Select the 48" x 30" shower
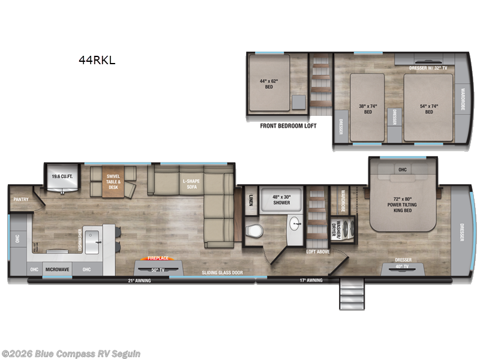pyautogui.click(x=281, y=199)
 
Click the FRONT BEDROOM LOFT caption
pyautogui.click(x=288, y=126)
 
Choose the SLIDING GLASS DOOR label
pyautogui.click(x=222, y=272)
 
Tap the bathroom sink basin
pyautogui.click(x=295, y=226)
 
